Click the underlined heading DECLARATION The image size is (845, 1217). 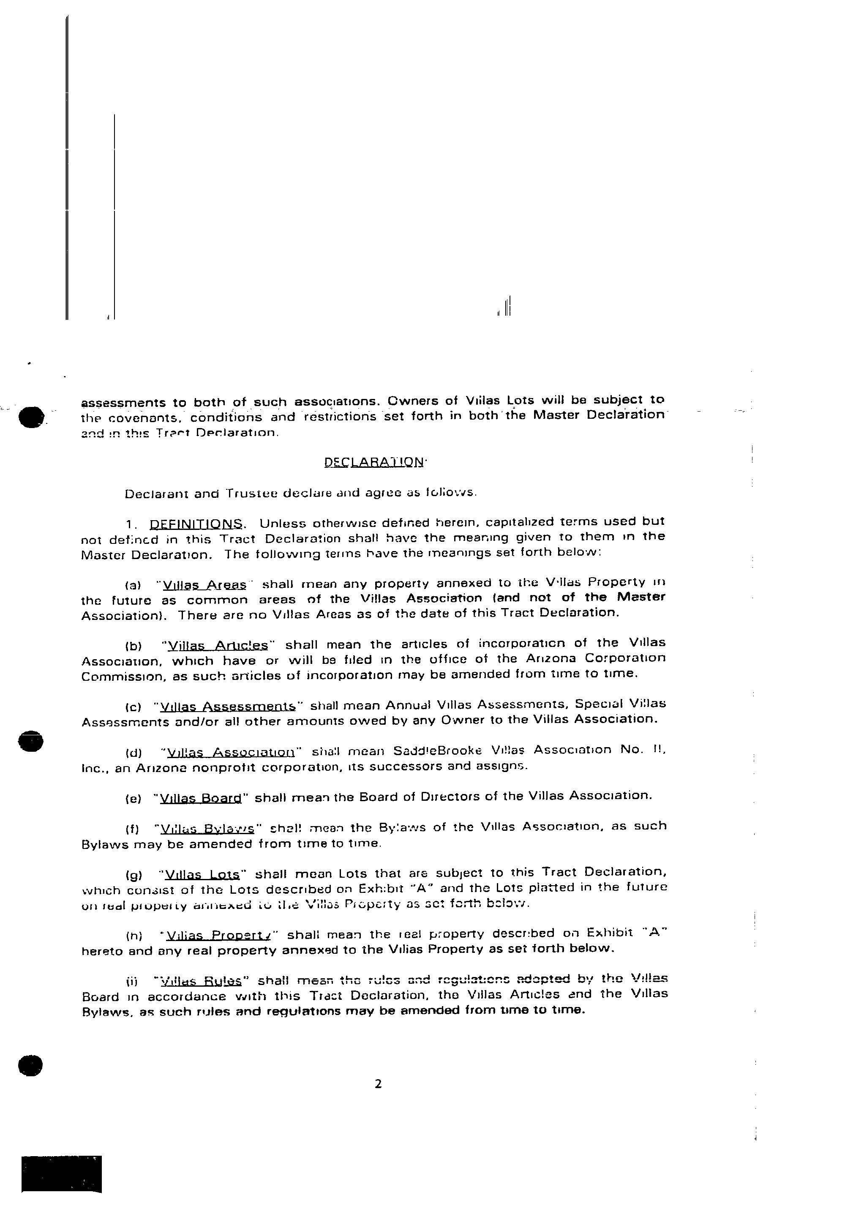pyautogui.click(x=374, y=462)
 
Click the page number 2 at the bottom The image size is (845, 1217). pyautogui.click(x=378, y=1084)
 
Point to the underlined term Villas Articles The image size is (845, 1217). pyautogui.click(x=218, y=646)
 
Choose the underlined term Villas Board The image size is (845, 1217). pyautogui.click(x=201, y=798)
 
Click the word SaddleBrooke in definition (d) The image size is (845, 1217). pyautogui.click(x=437, y=751)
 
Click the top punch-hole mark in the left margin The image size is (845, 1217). pyautogui.click(x=31, y=416)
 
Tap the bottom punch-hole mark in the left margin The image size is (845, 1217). pyautogui.click(x=31, y=1064)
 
